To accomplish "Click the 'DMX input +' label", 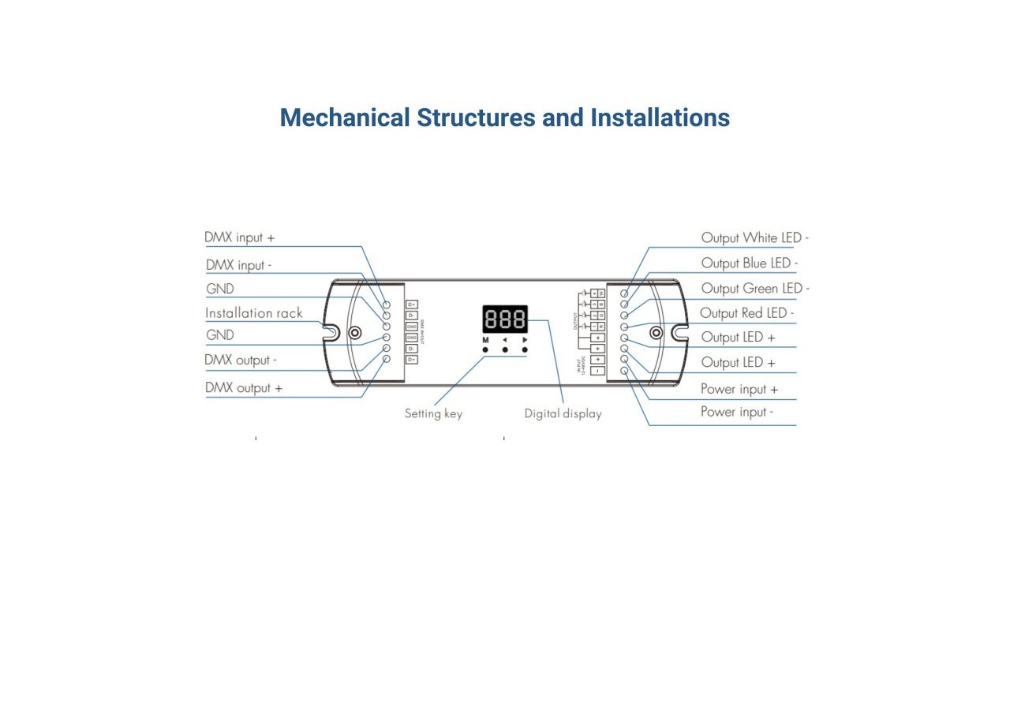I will (x=239, y=237).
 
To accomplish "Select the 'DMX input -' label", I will (x=238, y=265).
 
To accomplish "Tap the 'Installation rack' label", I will (x=253, y=313).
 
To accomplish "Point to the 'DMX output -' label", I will (x=241, y=361).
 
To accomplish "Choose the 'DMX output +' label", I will (x=243, y=388).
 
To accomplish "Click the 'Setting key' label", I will (x=433, y=413).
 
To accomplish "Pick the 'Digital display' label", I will (x=563, y=413).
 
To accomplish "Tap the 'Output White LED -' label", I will (x=754, y=237).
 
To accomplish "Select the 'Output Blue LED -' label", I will (x=749, y=263).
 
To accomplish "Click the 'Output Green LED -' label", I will (x=754, y=289).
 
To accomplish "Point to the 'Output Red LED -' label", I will (x=746, y=313).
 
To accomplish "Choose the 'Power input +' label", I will (x=739, y=389).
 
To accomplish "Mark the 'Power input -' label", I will (x=736, y=412).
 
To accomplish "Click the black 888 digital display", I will (x=505, y=319).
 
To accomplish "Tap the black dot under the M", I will (x=485, y=349).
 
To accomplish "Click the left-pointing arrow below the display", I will (x=505, y=340).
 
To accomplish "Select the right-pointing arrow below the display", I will (x=525, y=340).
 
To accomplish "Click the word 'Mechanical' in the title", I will (x=345, y=118).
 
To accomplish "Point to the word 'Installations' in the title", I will (x=660, y=118).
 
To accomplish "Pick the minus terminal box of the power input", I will (x=598, y=371).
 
